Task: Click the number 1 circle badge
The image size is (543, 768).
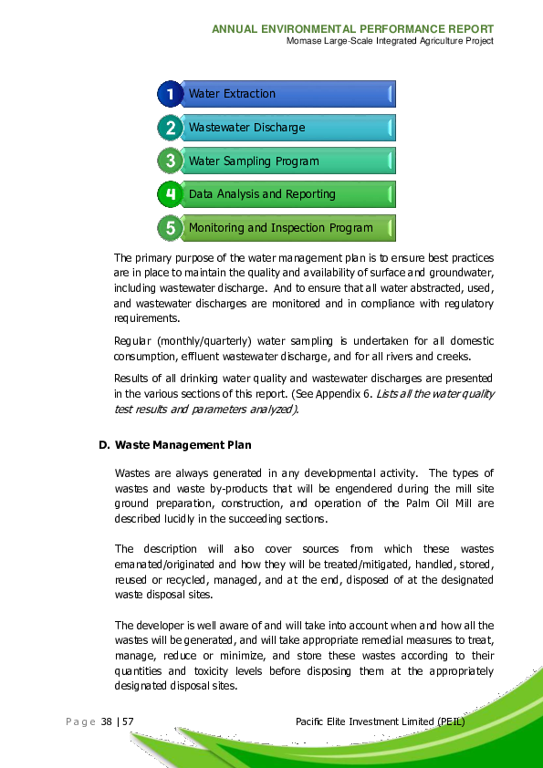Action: pyautogui.click(x=170, y=94)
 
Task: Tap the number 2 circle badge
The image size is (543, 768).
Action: pyautogui.click(x=170, y=128)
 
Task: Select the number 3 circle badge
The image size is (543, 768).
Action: pyautogui.click(x=170, y=161)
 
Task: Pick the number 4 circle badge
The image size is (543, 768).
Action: pyautogui.click(x=170, y=194)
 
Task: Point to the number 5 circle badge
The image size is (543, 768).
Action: pyautogui.click(x=170, y=228)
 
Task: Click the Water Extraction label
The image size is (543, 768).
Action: pyautogui.click(x=232, y=94)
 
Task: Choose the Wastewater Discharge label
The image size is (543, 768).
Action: pyautogui.click(x=246, y=128)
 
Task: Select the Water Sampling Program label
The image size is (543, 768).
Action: pyautogui.click(x=254, y=161)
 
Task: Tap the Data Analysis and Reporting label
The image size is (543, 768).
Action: pyautogui.click(x=262, y=194)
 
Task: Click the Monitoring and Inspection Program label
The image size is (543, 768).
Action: pyautogui.click(x=280, y=228)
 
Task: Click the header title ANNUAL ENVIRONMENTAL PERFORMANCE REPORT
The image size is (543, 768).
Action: pyautogui.click(x=353, y=29)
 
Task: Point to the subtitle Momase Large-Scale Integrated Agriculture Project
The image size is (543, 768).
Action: pyautogui.click(x=390, y=41)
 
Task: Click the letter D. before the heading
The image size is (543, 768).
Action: pyautogui.click(x=104, y=445)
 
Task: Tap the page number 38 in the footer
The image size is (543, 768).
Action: pyautogui.click(x=108, y=722)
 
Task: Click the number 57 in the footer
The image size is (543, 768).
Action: pyautogui.click(x=129, y=722)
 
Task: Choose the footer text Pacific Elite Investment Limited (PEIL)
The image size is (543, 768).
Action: pyautogui.click(x=381, y=722)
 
